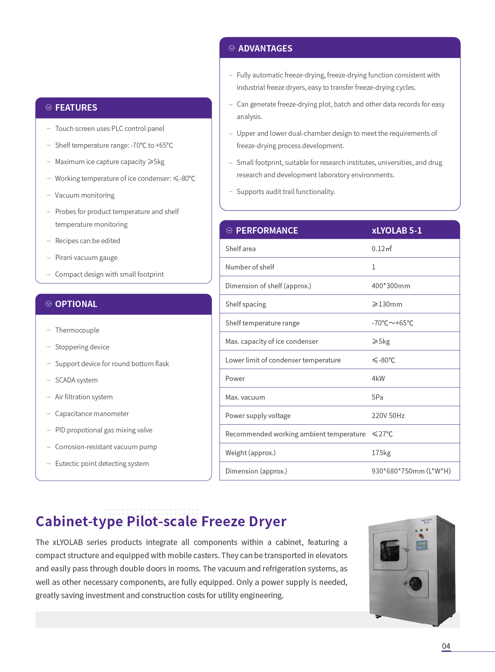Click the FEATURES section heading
pyautogui.click(x=76, y=108)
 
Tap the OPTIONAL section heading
pyautogui.click(x=76, y=304)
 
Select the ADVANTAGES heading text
pyautogui.click(x=265, y=49)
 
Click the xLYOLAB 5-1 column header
pyautogui.click(x=396, y=231)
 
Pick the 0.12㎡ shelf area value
pyautogui.click(x=381, y=249)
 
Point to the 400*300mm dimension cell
pyautogui.click(x=390, y=286)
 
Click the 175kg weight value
pyautogui.click(x=381, y=453)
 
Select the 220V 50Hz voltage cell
pyautogui.click(x=388, y=416)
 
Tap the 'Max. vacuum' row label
pyautogui.click(x=245, y=397)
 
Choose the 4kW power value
pyautogui.click(x=378, y=379)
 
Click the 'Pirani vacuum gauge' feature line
pyautogui.click(x=86, y=258)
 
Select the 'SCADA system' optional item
pyautogui.click(x=76, y=380)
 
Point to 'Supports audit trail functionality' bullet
pyautogui.click(x=285, y=192)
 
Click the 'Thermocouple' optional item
pyautogui.click(x=77, y=330)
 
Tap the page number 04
pyautogui.click(x=446, y=646)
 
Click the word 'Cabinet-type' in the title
pyautogui.click(x=79, y=521)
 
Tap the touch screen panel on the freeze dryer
pyautogui.click(x=422, y=545)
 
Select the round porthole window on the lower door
pyautogui.click(x=416, y=584)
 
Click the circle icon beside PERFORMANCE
pyautogui.click(x=229, y=231)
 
